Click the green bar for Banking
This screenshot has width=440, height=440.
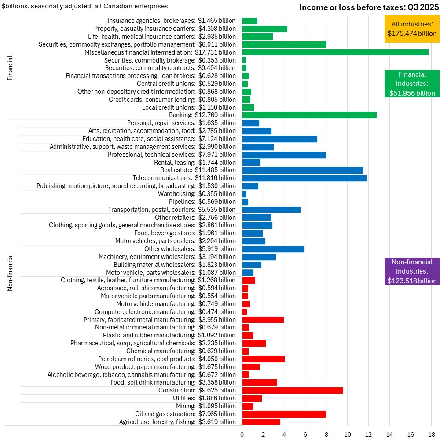click(x=309, y=115)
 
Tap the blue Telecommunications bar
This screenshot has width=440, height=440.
click(x=304, y=178)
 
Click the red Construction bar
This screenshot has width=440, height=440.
click(x=292, y=390)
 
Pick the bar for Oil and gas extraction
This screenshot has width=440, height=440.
click(x=284, y=414)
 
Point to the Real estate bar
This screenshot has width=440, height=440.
click(x=302, y=170)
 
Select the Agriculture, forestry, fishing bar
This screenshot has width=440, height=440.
click(x=261, y=422)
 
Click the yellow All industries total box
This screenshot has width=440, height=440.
click(x=411, y=29)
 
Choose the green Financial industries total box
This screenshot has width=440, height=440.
click(x=412, y=84)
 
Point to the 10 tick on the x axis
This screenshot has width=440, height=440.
click(x=348, y=434)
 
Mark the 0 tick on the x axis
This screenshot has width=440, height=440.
click(x=242, y=434)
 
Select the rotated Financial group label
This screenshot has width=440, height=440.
click(x=11, y=68)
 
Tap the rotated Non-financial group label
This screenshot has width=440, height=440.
click(x=11, y=272)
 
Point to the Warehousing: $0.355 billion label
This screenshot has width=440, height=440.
click(x=197, y=194)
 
